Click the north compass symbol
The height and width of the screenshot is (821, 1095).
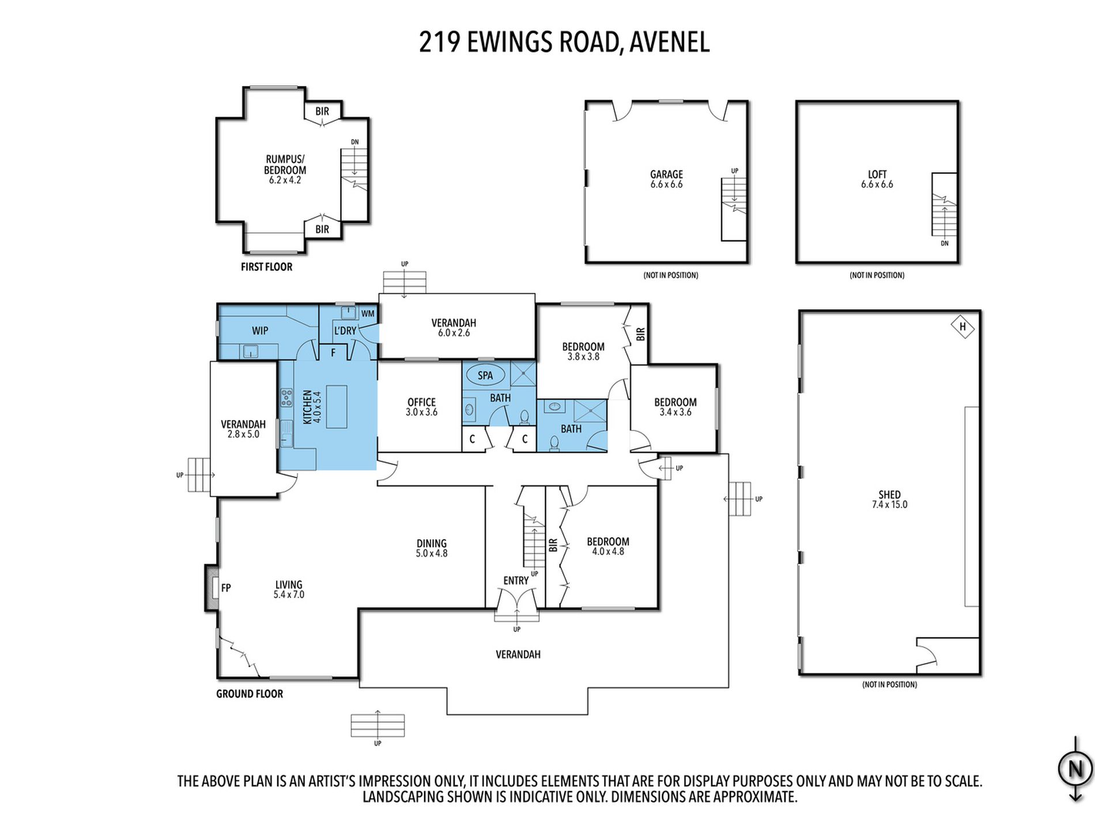[1075, 769]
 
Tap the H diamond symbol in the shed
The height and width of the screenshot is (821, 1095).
[962, 327]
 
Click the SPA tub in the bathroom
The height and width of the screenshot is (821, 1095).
[485, 376]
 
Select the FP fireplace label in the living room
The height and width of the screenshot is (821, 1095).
[226, 588]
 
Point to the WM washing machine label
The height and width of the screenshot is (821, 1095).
[368, 314]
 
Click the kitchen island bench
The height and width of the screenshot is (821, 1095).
[337, 406]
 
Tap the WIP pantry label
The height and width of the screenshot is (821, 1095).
[260, 331]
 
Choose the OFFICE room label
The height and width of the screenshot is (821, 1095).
[421, 402]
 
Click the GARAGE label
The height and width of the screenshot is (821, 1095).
[667, 175]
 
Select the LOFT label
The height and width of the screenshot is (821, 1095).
[877, 175]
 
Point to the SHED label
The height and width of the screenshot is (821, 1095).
[890, 495]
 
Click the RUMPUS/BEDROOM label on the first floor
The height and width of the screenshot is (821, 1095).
[285, 164]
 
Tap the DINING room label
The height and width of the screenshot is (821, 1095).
[432, 543]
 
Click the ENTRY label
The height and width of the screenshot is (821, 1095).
[516, 581]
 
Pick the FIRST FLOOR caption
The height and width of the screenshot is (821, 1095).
[267, 267]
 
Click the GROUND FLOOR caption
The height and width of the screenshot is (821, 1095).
[250, 694]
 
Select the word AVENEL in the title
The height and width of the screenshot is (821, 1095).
[669, 42]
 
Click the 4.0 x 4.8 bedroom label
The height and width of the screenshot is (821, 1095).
[608, 551]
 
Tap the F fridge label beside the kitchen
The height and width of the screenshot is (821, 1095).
[333, 353]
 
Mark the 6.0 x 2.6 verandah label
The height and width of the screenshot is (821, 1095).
[454, 333]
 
